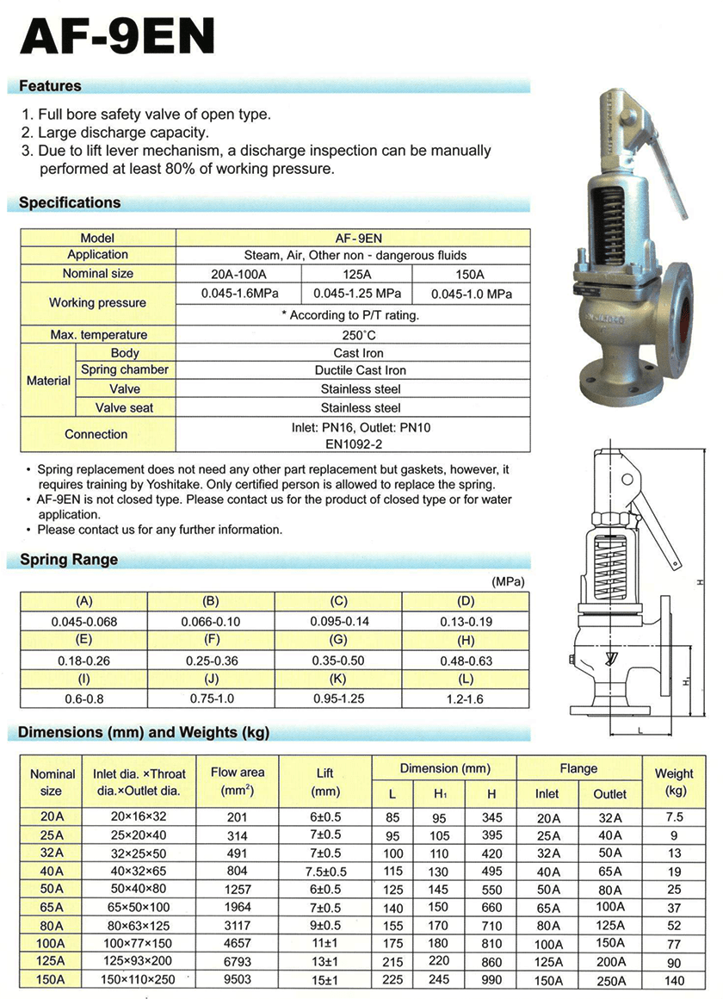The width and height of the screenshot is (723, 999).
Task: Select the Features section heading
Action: point(50,86)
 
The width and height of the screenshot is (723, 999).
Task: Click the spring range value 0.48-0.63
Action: point(466,661)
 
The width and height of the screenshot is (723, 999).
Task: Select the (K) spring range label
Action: point(338,680)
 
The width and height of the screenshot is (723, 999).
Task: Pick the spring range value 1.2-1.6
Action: point(466,699)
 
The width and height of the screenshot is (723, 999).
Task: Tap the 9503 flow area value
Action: point(238,979)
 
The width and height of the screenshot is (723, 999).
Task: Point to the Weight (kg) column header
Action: point(674,782)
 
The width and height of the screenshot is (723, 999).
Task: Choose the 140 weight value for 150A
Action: point(674,979)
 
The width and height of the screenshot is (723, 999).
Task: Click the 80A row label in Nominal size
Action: point(52,925)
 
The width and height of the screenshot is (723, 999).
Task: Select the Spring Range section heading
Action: point(68,560)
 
